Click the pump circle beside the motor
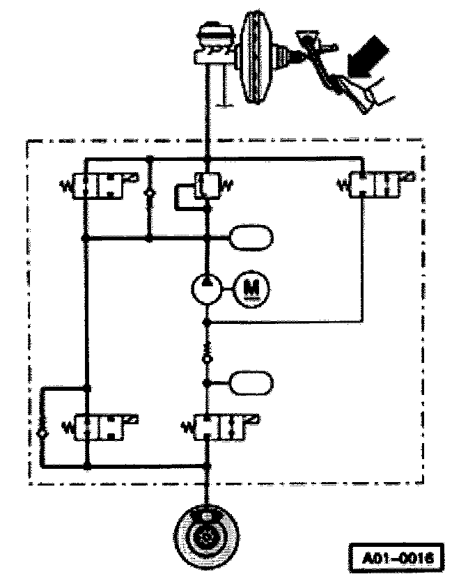pos(207,286)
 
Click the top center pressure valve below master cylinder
pos(207,186)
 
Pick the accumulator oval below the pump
pos(251,382)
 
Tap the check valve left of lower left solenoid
pos(43,433)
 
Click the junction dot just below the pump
pos(207,323)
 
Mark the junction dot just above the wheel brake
pos(207,465)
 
